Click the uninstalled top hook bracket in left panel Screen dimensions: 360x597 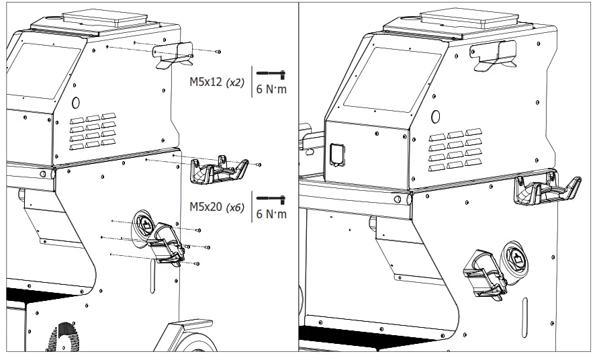click(x=173, y=53)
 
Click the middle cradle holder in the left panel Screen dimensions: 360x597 click(x=217, y=171)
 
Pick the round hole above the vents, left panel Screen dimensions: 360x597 click(x=75, y=103)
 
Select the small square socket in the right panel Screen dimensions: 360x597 click(x=336, y=153)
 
